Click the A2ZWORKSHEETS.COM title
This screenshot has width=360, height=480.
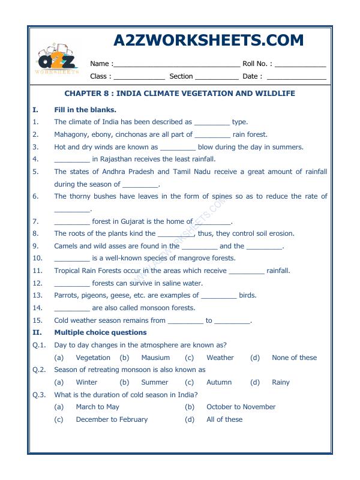pos(208,40)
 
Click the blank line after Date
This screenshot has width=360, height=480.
pos(296,77)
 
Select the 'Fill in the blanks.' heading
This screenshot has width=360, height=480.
pos(85,110)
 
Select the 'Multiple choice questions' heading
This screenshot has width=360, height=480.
pos(100,332)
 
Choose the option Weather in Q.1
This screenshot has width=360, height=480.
pos(220,358)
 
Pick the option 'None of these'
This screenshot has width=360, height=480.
pos(294,358)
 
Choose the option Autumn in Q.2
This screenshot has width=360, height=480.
pos(218,382)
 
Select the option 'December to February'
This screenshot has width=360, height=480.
pos(112,419)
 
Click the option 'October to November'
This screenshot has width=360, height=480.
pos(241,407)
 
